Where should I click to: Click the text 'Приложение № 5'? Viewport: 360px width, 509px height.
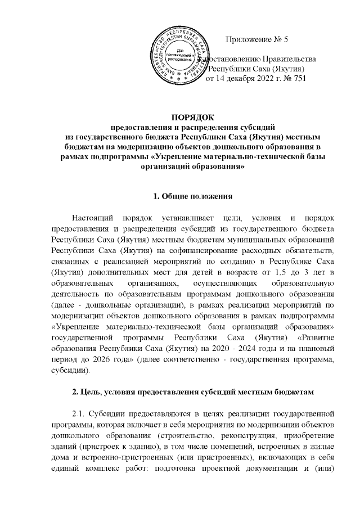pos(256,40)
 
